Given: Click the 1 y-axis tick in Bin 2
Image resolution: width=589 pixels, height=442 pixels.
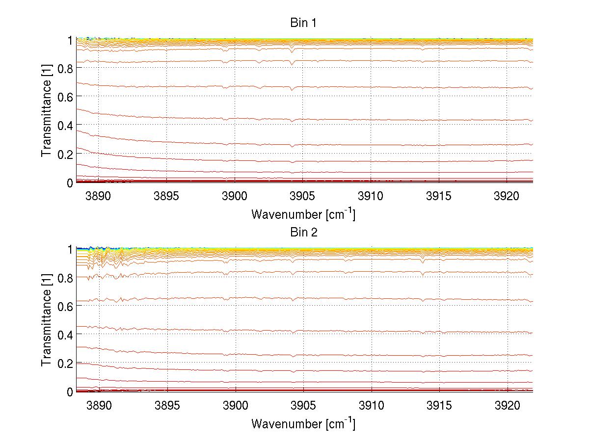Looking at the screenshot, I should point(70,249).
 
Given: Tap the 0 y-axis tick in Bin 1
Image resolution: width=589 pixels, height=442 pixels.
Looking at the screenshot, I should point(70,182).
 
